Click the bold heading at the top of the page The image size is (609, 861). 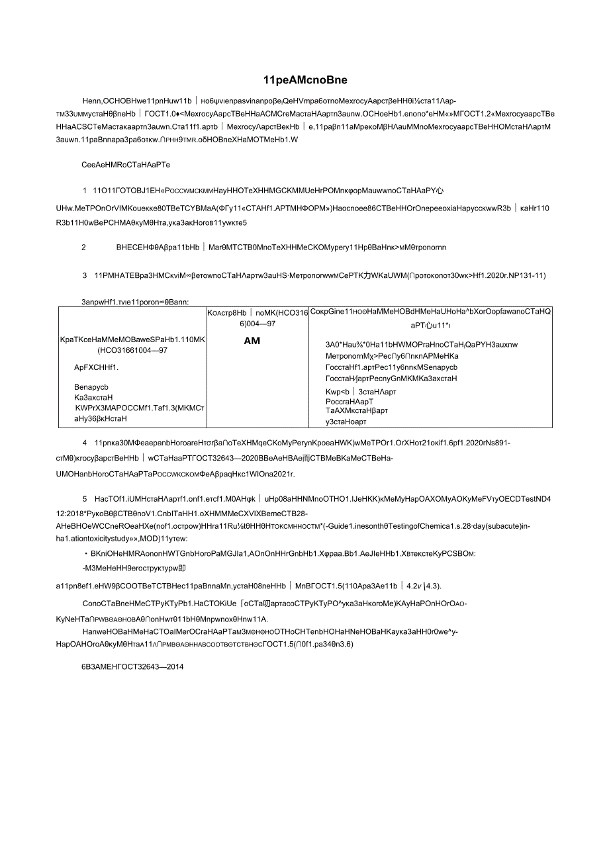(304, 80)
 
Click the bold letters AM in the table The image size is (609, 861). (252, 340)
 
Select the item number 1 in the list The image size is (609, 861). (84, 189)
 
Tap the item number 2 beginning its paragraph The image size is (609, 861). (84, 247)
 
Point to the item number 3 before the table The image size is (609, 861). (85, 275)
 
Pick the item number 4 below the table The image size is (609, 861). (85, 443)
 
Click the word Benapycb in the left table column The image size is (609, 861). (91, 387)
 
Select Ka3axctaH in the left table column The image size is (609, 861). (93, 398)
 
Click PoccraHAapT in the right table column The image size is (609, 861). (350, 401)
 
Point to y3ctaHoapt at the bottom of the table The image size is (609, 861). (346, 422)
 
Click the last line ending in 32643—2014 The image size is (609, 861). (132, 666)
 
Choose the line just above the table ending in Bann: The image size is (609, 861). (136, 301)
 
